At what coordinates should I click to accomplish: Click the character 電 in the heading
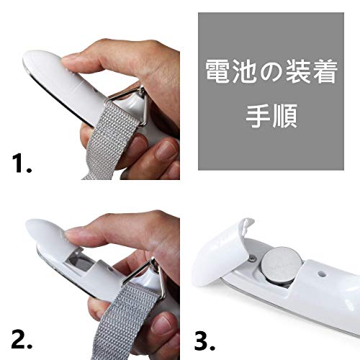[218, 71]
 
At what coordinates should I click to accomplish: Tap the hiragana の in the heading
[271, 71]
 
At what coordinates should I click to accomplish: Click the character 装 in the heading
[298, 71]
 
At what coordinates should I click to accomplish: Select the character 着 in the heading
[325, 71]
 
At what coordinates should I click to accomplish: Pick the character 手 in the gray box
[258, 116]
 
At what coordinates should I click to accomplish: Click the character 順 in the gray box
[284, 116]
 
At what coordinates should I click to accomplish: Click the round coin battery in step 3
[282, 265]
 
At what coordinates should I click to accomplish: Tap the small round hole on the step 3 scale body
[320, 274]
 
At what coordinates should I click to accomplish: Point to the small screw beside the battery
[253, 258]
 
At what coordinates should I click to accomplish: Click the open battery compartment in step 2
[79, 261]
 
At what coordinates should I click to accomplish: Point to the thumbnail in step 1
[69, 58]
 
